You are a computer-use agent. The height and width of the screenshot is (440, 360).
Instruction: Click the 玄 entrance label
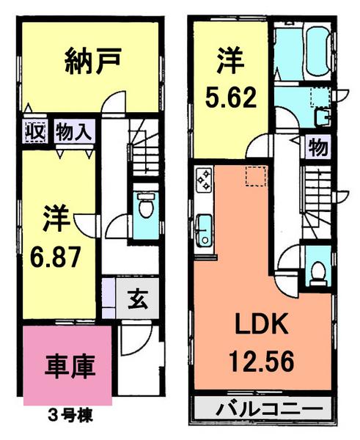pyautogui.click(x=136, y=299)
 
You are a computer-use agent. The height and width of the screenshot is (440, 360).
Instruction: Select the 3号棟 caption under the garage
pyautogui.click(x=70, y=414)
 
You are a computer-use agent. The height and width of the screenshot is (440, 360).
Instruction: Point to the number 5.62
pyautogui.click(x=230, y=96)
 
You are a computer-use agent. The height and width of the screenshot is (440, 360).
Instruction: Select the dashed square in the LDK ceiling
pyautogui.click(x=254, y=175)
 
